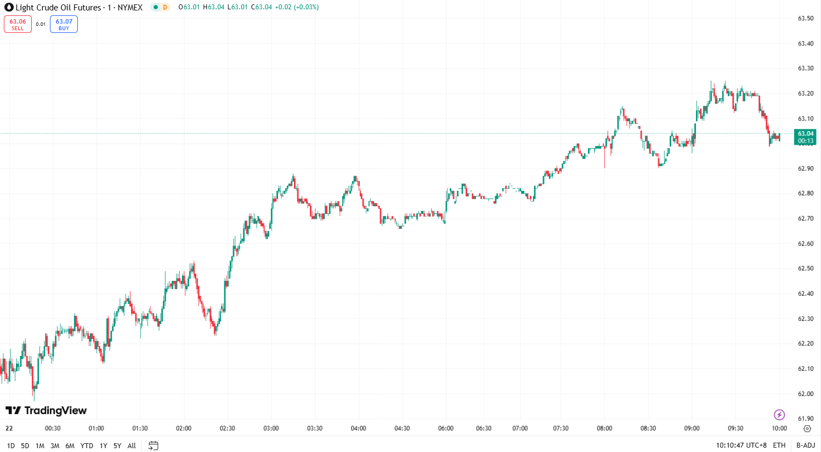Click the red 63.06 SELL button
[18, 24]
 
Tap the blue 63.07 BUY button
[64, 24]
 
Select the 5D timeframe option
[25, 445]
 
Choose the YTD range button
[87, 445]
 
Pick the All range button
[132, 445]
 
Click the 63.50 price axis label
[805, 18]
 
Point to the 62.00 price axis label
[805, 394]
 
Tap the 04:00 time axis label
[358, 428]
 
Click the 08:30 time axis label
[648, 428]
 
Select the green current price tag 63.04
[805, 137]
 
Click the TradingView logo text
[47, 410]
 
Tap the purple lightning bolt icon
[779, 415]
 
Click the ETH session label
[779, 445]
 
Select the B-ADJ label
[805, 445]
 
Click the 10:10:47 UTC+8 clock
[741, 445]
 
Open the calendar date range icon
[154, 445]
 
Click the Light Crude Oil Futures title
[58, 8]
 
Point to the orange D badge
[165, 7]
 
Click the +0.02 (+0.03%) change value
[297, 7]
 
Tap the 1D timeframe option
[10, 445]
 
